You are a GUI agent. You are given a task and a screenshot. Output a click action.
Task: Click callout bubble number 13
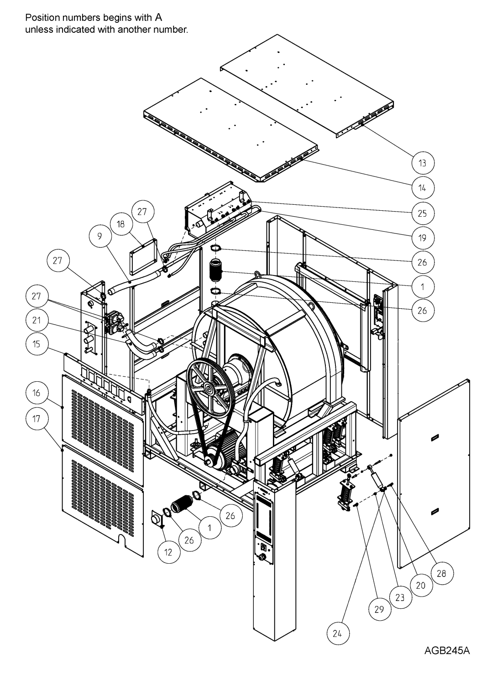tap(423, 163)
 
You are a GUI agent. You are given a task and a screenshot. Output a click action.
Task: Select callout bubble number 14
tap(423, 187)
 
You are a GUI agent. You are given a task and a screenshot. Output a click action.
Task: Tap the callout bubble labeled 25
tap(423, 213)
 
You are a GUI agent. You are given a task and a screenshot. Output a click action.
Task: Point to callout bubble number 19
tap(423, 238)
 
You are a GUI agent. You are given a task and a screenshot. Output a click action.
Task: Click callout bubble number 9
tap(100, 236)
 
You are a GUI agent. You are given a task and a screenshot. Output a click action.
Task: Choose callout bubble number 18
tap(121, 224)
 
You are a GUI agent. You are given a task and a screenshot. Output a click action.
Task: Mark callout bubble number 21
tap(37, 320)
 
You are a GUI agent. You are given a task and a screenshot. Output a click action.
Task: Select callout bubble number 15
tap(37, 344)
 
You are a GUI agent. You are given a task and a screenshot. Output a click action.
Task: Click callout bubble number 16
tap(37, 393)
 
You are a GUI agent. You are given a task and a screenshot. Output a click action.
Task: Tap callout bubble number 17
tap(37, 419)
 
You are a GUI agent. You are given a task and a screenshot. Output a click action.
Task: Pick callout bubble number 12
tap(168, 552)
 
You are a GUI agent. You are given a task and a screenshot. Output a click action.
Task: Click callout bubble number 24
tap(338, 633)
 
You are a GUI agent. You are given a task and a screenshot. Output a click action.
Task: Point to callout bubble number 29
tap(380, 609)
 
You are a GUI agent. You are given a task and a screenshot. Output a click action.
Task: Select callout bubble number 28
tap(442, 574)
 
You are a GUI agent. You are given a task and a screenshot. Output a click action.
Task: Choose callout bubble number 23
tap(400, 597)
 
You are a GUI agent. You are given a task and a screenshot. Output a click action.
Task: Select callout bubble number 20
tap(421, 586)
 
